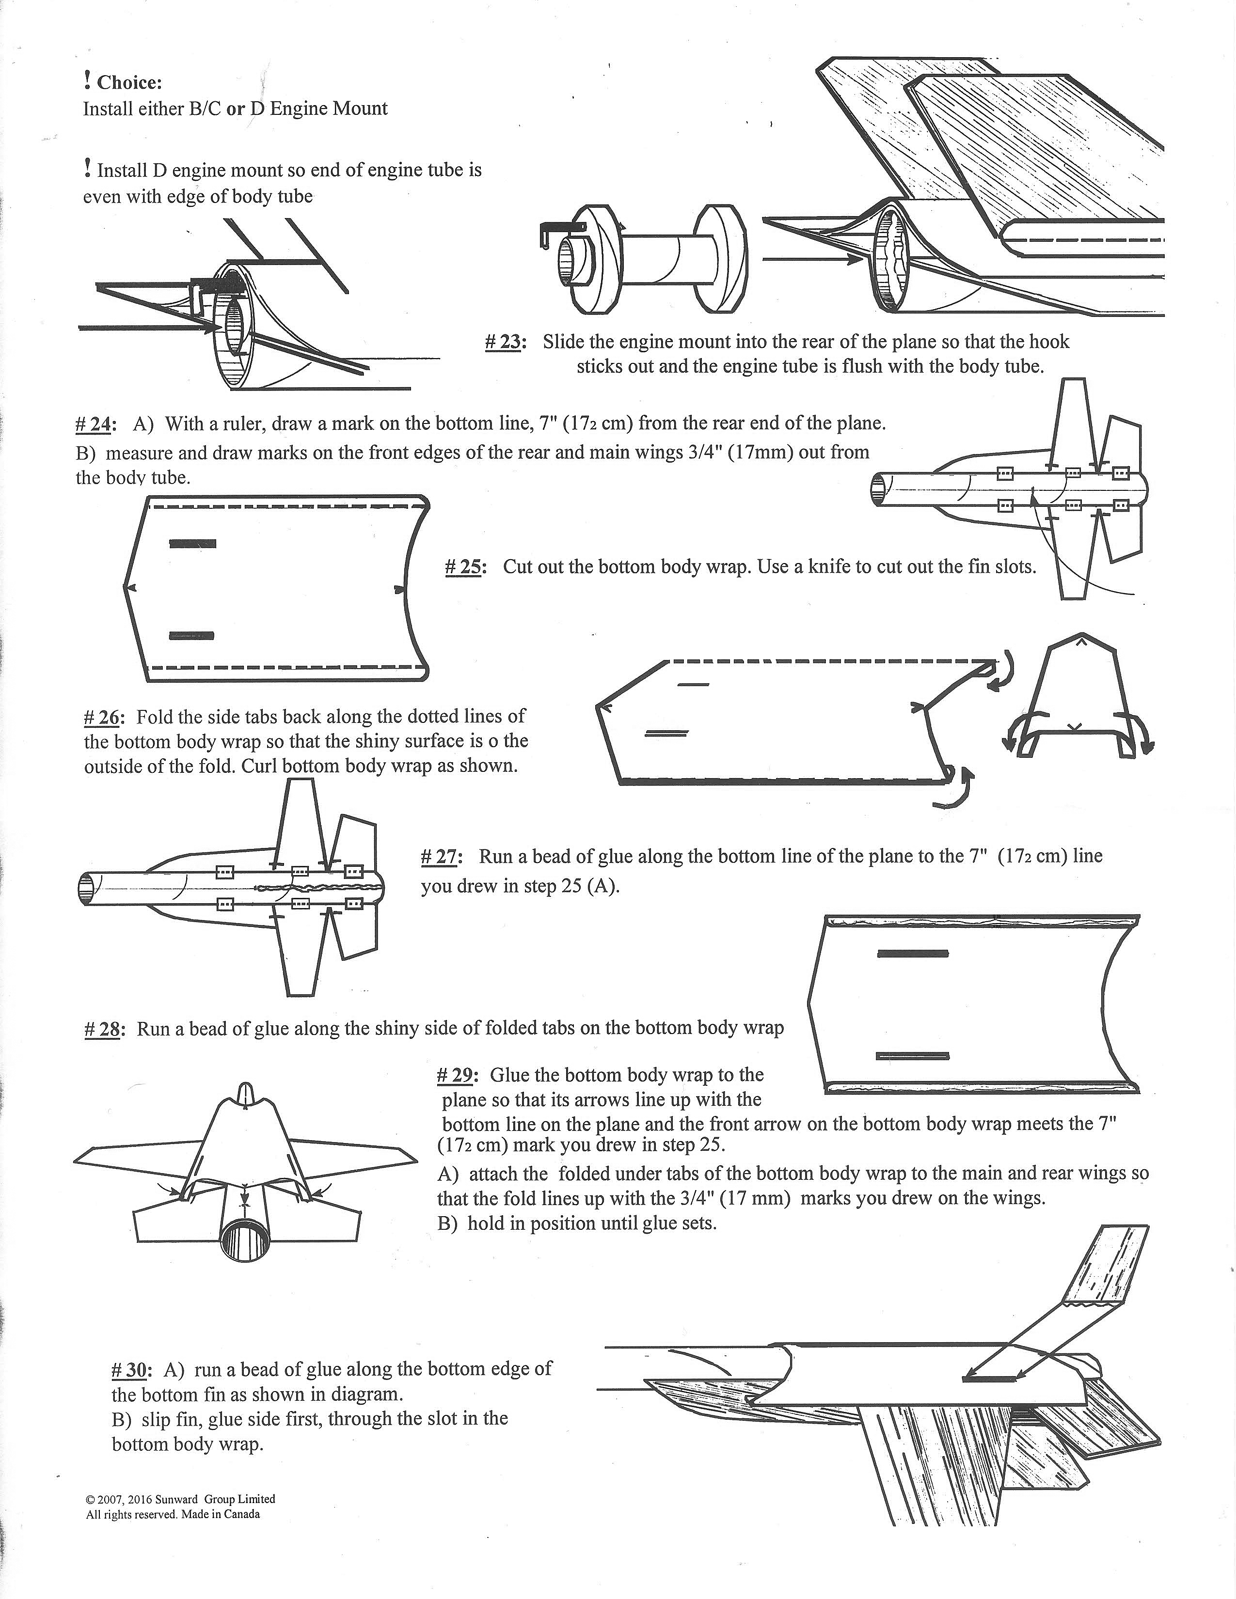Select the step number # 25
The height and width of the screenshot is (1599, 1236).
[x=463, y=567]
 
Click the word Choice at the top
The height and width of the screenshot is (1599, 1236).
[x=129, y=83]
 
